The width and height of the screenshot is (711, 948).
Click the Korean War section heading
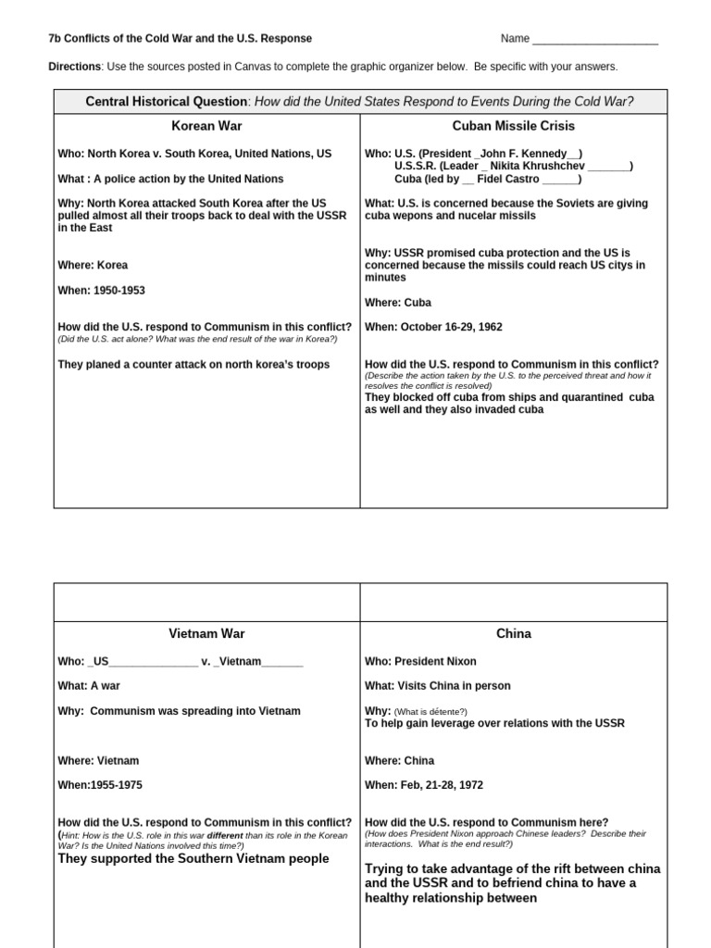pos(206,126)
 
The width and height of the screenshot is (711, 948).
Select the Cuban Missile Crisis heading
pos(514,126)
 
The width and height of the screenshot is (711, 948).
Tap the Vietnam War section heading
pos(206,634)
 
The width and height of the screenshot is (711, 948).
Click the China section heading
pos(514,634)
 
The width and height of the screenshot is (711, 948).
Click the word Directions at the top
pos(74,67)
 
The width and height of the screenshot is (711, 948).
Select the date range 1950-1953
pos(118,291)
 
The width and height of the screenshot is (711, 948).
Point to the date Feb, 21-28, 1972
pos(443,785)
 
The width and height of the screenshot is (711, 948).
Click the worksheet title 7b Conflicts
pos(180,39)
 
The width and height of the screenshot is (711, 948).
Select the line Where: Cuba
pos(398,303)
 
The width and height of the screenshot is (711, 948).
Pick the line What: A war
pos(89,686)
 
